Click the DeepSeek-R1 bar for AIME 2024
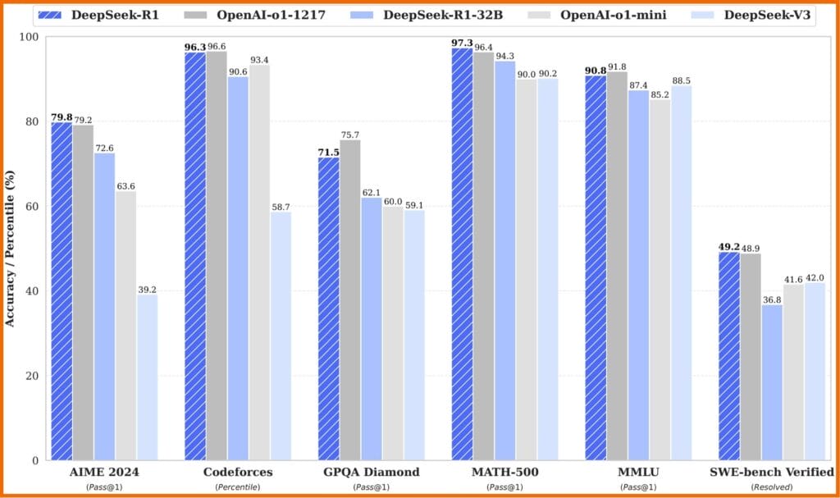62,291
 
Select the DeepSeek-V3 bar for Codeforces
281,336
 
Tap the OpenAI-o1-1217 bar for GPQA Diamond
350,300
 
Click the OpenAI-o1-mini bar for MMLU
660,280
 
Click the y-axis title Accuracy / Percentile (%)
10,249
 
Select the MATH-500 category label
504,472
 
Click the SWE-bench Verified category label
771,472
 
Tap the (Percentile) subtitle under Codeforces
238,487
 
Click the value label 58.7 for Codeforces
281,207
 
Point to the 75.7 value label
350,135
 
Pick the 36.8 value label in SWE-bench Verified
772,299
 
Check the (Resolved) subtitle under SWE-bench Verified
771,487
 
